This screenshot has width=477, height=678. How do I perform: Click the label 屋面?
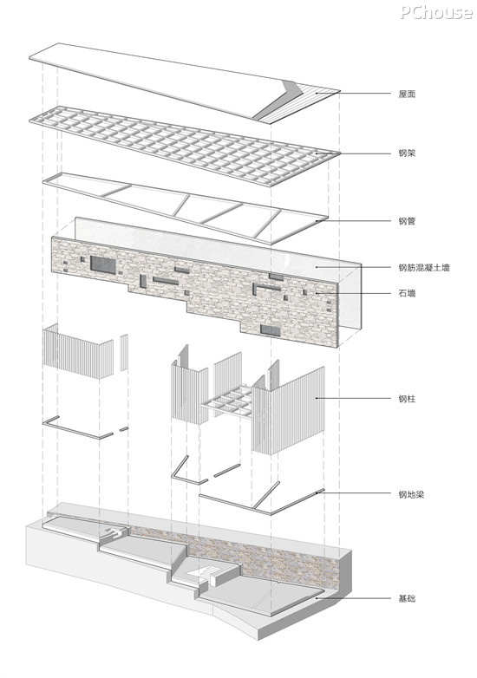[x=407, y=94]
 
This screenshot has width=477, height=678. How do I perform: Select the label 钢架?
[x=407, y=153]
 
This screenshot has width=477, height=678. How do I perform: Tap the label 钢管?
[x=407, y=221]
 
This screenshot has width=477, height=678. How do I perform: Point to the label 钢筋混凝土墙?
[x=424, y=267]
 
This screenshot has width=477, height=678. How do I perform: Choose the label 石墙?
[x=407, y=293]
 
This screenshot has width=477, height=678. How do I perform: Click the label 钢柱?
[x=407, y=398]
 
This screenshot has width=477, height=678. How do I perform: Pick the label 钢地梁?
[x=411, y=494]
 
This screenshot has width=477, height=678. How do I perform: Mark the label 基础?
[x=407, y=598]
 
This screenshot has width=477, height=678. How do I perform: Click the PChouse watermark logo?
[x=436, y=12]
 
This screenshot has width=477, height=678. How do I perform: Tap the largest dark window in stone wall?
[x=103, y=264]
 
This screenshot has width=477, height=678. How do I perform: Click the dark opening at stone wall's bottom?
[x=271, y=331]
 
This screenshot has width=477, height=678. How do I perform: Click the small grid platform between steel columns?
[x=228, y=401]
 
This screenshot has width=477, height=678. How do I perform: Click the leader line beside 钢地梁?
[x=353, y=493]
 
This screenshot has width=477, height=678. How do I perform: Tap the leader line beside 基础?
[x=353, y=598]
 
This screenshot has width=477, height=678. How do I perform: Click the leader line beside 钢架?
[x=353, y=153]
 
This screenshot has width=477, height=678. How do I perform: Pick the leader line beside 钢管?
[x=353, y=221]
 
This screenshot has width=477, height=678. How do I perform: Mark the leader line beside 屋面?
[x=353, y=93]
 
